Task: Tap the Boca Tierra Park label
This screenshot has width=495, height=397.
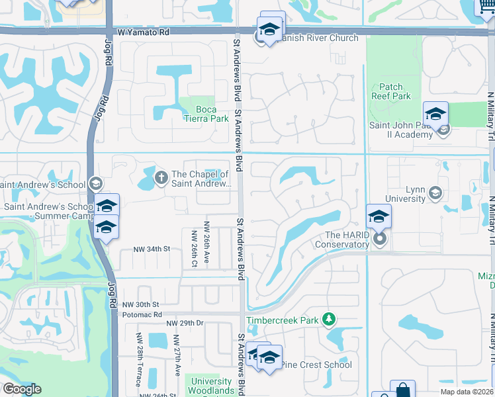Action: pos(202,114)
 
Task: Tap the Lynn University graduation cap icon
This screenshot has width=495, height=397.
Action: pos(435,193)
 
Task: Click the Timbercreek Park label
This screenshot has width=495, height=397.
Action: pos(283,320)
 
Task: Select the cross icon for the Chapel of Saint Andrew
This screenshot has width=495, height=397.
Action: pos(160,177)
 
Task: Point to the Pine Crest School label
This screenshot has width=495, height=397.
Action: pos(316,365)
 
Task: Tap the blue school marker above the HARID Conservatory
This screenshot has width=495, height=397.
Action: pos(379,216)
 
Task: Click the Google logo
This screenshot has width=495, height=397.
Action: pos(22,389)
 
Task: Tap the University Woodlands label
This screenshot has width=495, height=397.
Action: pos(212,386)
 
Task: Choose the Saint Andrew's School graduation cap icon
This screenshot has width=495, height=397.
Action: pos(96,185)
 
